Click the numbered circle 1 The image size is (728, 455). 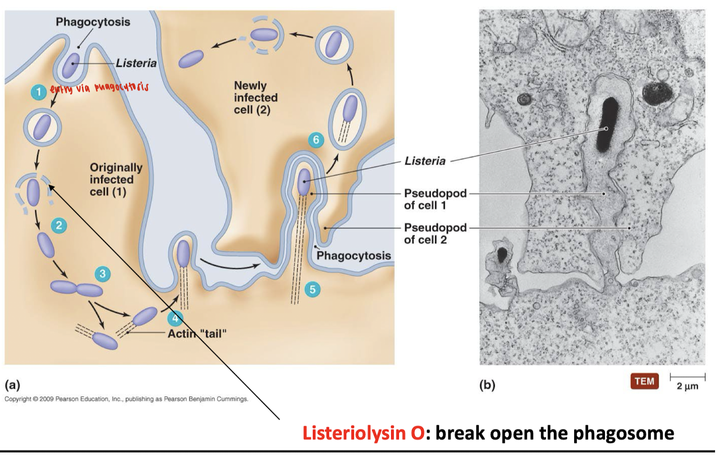click(x=38, y=92)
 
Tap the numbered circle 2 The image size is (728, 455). click(x=59, y=225)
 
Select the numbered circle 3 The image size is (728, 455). click(x=102, y=273)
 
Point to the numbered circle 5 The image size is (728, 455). click(x=312, y=289)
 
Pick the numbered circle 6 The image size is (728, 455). click(x=316, y=140)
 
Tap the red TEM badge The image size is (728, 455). click(x=644, y=381)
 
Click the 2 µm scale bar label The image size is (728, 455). click(x=687, y=386)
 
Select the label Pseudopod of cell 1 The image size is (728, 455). click(x=435, y=199)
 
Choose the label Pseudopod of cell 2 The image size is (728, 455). click(x=435, y=233)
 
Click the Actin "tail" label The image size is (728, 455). click(x=197, y=333)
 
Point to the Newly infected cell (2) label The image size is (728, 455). click(x=256, y=98)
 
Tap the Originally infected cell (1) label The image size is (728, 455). click(x=116, y=179)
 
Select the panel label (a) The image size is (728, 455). click(x=13, y=385)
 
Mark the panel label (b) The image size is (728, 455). click(x=487, y=385)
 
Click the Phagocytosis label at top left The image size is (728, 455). click(x=93, y=22)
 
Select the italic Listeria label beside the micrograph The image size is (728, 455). click(x=425, y=161)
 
